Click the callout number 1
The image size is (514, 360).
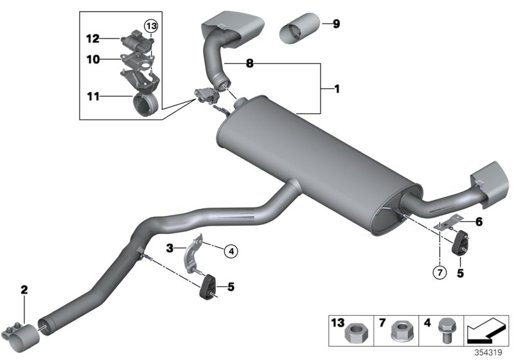coord(335,89)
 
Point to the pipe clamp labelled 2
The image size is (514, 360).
coord(22,327)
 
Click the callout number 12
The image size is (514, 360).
coord(93,39)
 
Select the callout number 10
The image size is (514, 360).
coord(93,59)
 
